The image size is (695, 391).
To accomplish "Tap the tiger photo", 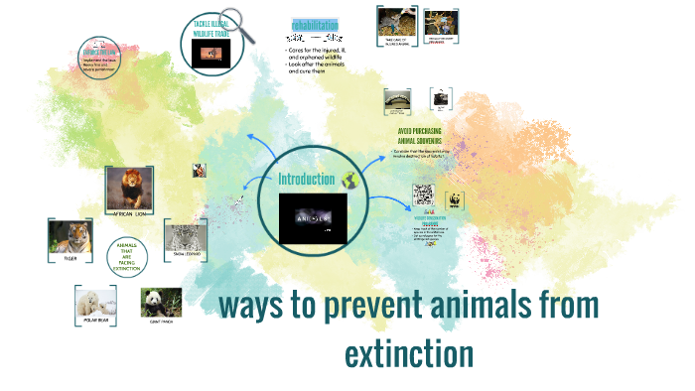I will [x=70, y=237].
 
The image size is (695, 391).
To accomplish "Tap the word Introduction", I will [x=307, y=179].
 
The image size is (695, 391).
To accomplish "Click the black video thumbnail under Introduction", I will [x=313, y=218].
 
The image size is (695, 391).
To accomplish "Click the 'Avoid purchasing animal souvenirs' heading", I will [x=418, y=135].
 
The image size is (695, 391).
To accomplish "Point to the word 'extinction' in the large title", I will [x=408, y=353].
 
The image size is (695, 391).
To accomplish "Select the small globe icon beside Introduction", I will [x=348, y=180].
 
